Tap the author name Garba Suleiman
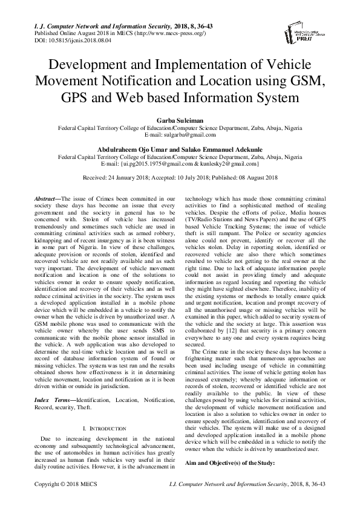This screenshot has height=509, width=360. [179, 120]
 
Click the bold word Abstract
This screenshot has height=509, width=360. [47, 198]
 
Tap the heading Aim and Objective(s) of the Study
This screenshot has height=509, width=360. [229, 462]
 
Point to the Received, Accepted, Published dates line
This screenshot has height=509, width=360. [180, 177]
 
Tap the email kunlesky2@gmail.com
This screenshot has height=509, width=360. [234, 163]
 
